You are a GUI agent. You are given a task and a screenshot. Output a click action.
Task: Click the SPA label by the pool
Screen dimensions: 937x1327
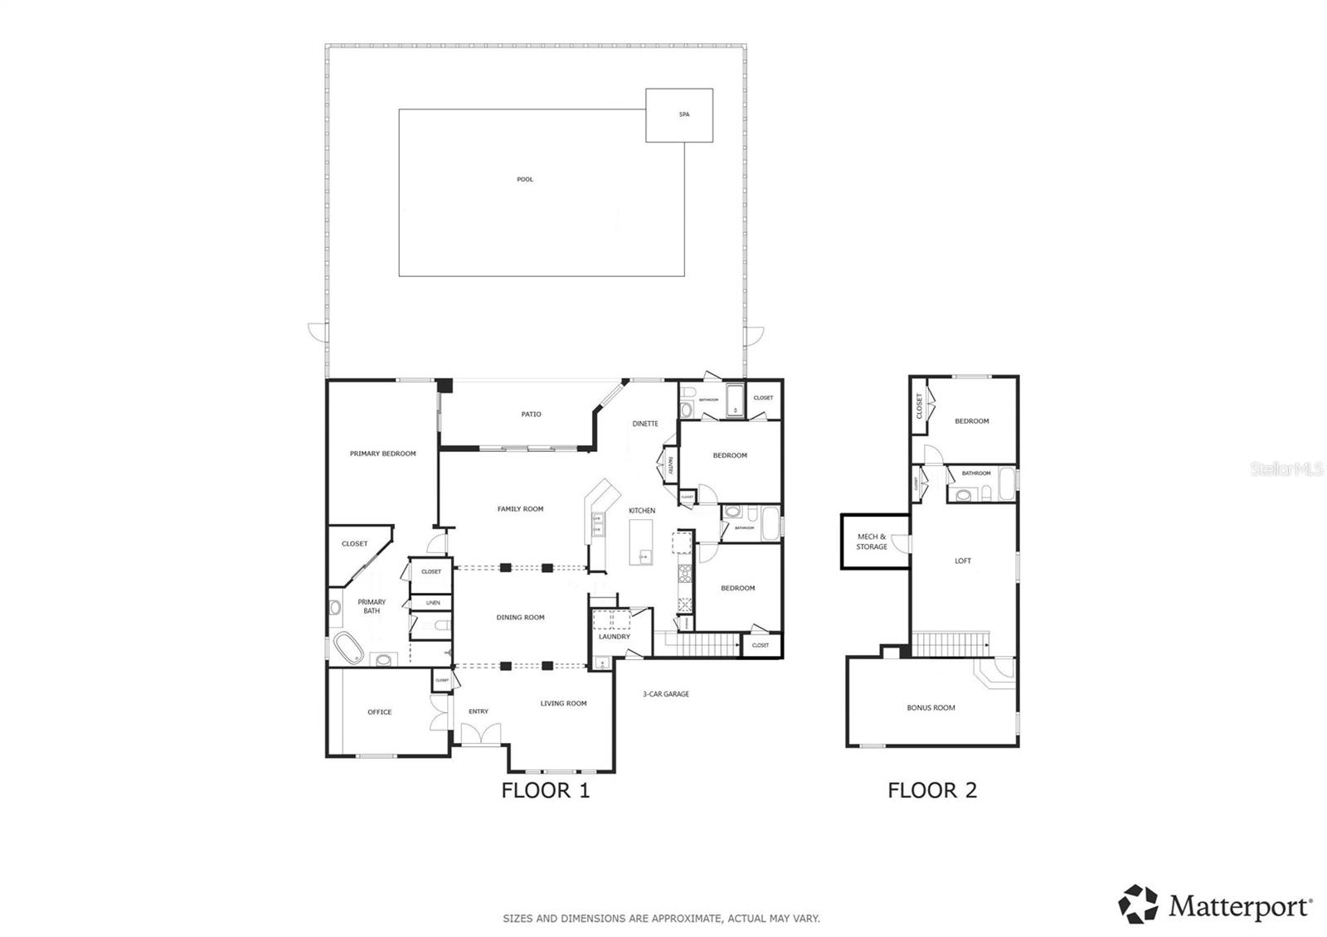coord(684,114)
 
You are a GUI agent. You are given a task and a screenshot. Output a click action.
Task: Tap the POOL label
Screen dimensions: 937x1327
coord(525,179)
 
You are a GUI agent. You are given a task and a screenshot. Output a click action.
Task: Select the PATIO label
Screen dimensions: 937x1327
coord(532,414)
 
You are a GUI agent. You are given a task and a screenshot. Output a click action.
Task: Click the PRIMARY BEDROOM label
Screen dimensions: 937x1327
coord(382,454)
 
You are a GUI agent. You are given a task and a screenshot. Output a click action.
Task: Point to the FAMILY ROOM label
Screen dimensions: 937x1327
coord(520,508)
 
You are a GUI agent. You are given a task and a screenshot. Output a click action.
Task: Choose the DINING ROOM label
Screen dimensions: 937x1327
coord(520,617)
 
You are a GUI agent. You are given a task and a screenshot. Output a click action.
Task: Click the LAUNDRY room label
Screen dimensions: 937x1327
coord(615,637)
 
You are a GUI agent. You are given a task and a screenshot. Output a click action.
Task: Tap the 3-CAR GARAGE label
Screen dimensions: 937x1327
coord(665,694)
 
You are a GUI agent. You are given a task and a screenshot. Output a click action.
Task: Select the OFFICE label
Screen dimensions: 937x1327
coord(379,711)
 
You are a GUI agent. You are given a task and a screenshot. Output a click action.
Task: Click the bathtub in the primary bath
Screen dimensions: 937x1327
coord(348,648)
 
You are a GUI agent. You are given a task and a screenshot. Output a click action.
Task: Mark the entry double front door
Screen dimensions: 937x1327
coord(480,733)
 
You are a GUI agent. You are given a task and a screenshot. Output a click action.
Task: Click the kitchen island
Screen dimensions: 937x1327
coord(640,542)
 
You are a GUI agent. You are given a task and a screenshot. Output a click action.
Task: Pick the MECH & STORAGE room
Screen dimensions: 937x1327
coord(872,541)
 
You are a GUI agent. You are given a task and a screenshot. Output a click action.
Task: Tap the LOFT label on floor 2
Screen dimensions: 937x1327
coord(962,561)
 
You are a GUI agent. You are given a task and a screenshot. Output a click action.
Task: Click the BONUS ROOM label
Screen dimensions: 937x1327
coord(931,707)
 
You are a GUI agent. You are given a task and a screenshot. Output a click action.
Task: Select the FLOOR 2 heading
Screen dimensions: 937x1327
coord(932,790)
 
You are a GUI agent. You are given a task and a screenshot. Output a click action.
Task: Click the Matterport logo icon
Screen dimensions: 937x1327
coord(1138,905)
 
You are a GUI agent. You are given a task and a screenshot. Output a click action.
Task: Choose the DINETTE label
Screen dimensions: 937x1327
coord(644,424)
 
